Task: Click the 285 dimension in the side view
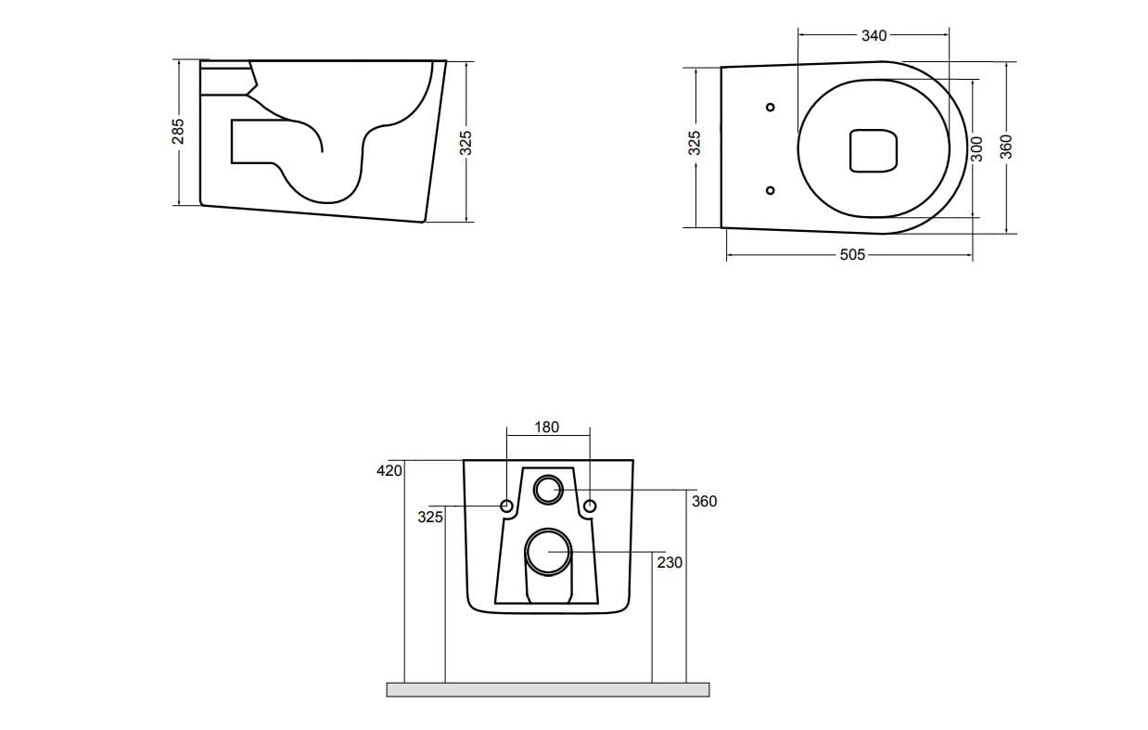tap(179, 130)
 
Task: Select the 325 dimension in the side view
tap(466, 141)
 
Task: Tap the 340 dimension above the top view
tap(874, 35)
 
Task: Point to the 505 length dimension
tap(851, 254)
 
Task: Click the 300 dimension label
tap(976, 149)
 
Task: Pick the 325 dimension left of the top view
tap(695, 144)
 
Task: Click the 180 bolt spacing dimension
tap(547, 427)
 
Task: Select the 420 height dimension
tap(389, 470)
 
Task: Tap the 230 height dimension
tap(670, 562)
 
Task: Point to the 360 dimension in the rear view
tap(704, 501)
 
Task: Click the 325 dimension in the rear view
tap(429, 517)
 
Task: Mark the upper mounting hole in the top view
tap(770, 107)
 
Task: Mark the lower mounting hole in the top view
tap(770, 190)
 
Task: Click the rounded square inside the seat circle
tap(874, 150)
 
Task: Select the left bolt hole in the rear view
tap(506, 506)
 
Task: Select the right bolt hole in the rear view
tap(589, 506)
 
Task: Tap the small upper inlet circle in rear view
tap(547, 488)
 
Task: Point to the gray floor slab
tap(547, 689)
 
